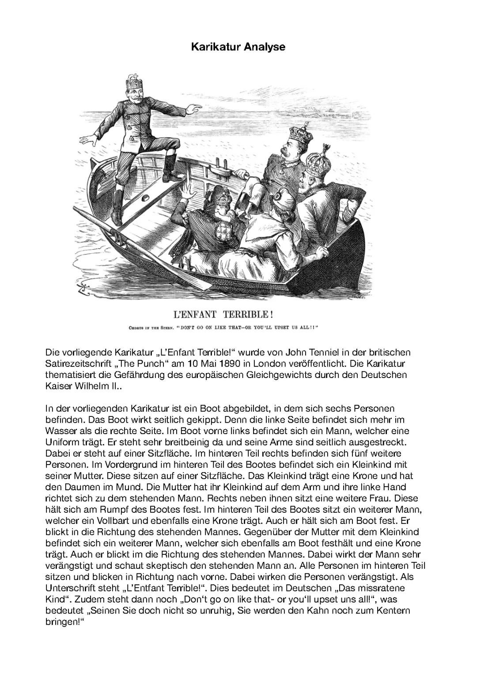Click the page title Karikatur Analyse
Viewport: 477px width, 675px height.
point(238,47)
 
